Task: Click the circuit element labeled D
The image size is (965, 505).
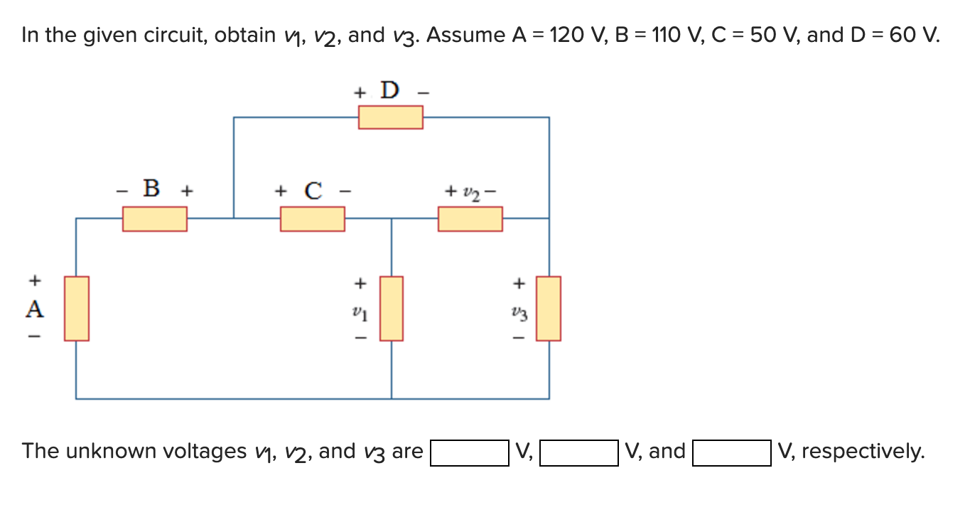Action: point(390,117)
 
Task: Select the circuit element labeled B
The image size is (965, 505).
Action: point(155,218)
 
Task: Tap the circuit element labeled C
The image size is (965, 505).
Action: point(313,218)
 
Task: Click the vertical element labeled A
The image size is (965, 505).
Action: point(77,308)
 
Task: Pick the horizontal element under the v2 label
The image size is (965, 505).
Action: point(470,218)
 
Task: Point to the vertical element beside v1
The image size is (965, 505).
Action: point(392,308)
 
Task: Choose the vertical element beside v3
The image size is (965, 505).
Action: point(549,308)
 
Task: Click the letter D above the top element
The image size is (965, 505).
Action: point(389,91)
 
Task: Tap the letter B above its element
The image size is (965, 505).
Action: point(151,189)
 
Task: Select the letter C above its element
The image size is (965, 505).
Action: point(313,191)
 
